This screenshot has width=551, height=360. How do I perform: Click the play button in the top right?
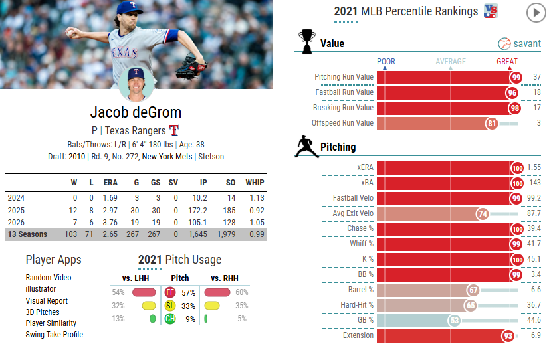click(536, 13)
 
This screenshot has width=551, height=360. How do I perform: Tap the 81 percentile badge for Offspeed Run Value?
click(492, 124)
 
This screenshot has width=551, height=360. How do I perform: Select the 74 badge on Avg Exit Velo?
click(483, 213)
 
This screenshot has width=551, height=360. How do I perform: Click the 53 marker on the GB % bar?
click(455, 321)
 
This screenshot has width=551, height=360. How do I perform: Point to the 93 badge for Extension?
click(508, 336)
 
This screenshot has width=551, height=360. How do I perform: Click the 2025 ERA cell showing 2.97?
click(110, 211)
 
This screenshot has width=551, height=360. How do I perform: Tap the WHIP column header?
click(255, 183)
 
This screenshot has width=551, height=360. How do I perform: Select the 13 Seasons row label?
click(27, 234)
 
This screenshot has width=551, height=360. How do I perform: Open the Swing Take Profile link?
click(54, 335)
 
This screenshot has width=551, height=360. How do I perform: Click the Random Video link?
click(49, 278)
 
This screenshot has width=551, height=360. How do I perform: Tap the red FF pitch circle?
click(170, 292)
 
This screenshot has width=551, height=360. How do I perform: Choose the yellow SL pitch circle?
click(170, 306)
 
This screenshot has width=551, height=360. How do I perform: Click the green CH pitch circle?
click(170, 319)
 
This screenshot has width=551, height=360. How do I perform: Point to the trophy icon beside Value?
click(307, 41)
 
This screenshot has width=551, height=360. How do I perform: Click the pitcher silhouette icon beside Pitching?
click(306, 147)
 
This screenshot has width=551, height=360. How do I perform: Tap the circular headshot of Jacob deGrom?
click(136, 84)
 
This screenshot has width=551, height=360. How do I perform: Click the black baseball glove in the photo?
click(191, 66)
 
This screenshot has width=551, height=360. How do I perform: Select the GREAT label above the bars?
click(507, 62)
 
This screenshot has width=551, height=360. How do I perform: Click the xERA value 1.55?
click(534, 167)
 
